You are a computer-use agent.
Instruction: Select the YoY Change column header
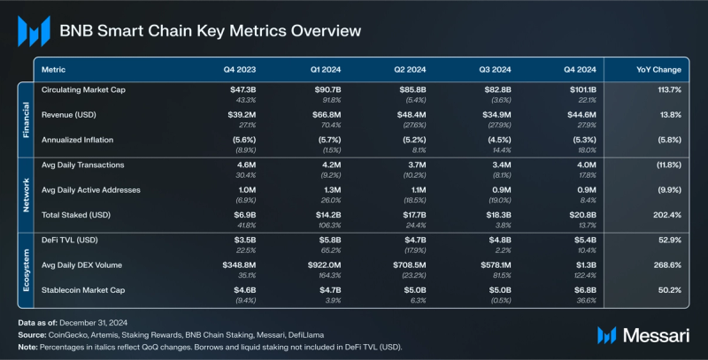658,69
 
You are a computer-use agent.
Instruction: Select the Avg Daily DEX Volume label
84,265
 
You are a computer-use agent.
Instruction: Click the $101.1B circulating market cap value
584,90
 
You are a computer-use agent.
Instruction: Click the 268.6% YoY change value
666,265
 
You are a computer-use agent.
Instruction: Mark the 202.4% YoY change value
666,215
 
